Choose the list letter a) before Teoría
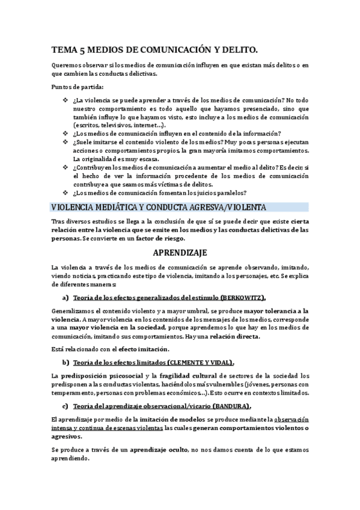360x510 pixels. pos(65,297)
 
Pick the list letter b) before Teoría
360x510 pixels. pos(65,363)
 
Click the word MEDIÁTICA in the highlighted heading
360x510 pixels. pos(109,207)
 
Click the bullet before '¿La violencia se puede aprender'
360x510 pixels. pos(65,100)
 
